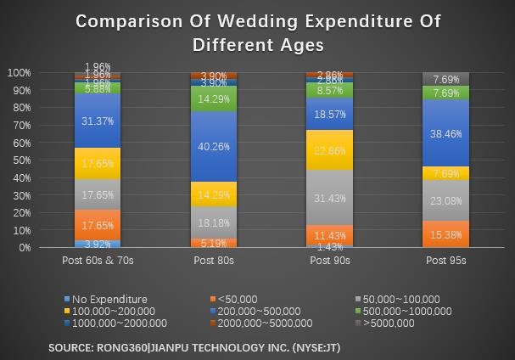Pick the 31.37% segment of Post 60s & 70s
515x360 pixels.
coord(98,121)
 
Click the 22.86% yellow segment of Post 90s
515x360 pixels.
coord(330,150)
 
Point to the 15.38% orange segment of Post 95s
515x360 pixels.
coord(445,234)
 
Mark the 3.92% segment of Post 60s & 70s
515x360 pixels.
coord(98,245)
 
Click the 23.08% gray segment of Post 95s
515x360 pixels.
coord(445,201)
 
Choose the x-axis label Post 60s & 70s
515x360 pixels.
coord(98,261)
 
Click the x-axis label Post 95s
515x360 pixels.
coord(445,261)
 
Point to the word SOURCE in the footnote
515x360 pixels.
coord(70,347)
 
